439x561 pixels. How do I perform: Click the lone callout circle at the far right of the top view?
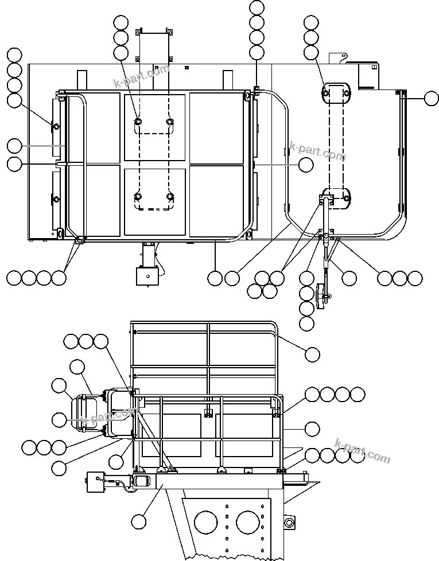pyautogui.click(x=432, y=99)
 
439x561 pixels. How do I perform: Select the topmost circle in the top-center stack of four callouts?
pyautogui.click(x=257, y=8)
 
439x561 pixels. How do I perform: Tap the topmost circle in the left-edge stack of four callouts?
pyautogui.click(x=14, y=55)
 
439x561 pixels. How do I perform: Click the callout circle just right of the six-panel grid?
pyautogui.click(x=306, y=165)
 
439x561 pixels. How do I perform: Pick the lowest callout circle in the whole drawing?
pyautogui.click(x=138, y=521)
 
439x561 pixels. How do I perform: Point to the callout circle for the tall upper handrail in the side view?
pyautogui.click(x=312, y=354)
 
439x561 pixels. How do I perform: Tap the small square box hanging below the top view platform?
pyautogui.click(x=147, y=275)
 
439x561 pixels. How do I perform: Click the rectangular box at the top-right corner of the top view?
pyautogui.click(x=368, y=76)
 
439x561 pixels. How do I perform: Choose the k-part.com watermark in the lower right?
pyautogui.click(x=362, y=450)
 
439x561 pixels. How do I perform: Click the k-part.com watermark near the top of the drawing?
pyautogui.click(x=142, y=77)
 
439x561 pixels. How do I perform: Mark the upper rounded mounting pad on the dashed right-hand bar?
pyautogui.click(x=335, y=93)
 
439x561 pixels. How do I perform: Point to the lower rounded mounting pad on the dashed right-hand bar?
pyautogui.click(x=336, y=197)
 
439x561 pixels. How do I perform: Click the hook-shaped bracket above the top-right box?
pyautogui.click(x=337, y=58)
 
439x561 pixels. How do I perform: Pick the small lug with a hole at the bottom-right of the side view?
pyautogui.click(x=289, y=521)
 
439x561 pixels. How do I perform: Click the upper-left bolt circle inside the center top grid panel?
pyautogui.click(x=138, y=122)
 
